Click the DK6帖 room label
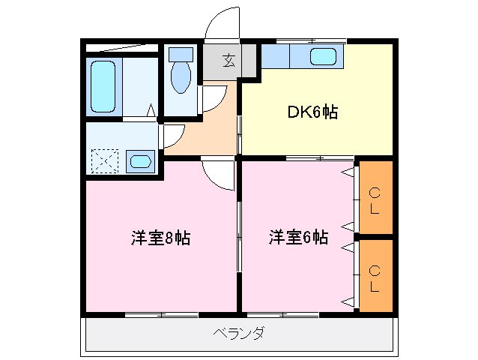[x=312, y=112]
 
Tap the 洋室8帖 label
[x=161, y=238]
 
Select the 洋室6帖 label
[x=299, y=238]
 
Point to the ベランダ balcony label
[x=238, y=333]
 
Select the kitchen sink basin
[x=323, y=56]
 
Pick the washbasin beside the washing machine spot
[x=140, y=160]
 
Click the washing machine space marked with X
[x=103, y=160]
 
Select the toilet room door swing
[x=216, y=97]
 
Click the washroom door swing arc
[x=173, y=136]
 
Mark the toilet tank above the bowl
[x=181, y=54]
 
